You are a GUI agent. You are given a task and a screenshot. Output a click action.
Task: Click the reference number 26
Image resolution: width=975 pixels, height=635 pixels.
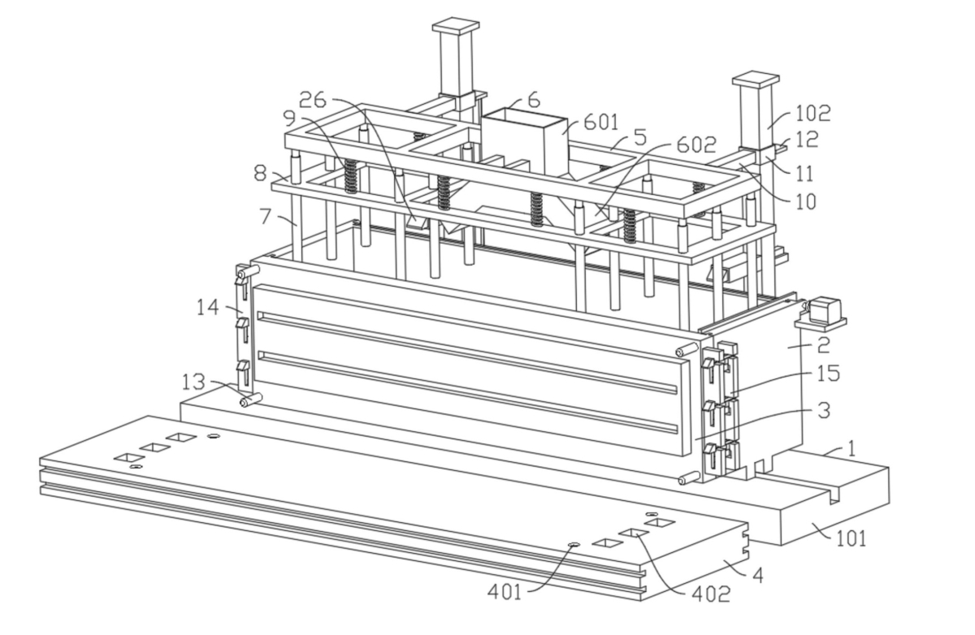click(313, 100)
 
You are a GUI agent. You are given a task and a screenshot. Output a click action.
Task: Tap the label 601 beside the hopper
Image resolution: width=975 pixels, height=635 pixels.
click(600, 123)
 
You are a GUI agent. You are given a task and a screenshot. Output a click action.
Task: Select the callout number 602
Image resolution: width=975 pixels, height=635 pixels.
click(696, 145)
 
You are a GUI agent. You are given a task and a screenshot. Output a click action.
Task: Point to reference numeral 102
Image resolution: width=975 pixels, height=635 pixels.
click(813, 113)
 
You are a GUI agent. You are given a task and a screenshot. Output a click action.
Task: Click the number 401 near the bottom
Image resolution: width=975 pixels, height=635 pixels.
click(504, 592)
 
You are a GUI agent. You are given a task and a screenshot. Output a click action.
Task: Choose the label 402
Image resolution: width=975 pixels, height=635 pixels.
click(711, 594)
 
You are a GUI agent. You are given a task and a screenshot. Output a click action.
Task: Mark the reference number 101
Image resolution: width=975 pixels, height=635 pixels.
click(851, 539)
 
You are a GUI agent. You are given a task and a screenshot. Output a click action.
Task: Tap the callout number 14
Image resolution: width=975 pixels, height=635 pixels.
click(208, 308)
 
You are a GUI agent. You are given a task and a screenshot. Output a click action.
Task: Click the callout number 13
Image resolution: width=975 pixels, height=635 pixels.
click(193, 382)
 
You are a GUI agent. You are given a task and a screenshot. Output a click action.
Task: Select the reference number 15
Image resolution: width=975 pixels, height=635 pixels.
click(828, 374)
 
